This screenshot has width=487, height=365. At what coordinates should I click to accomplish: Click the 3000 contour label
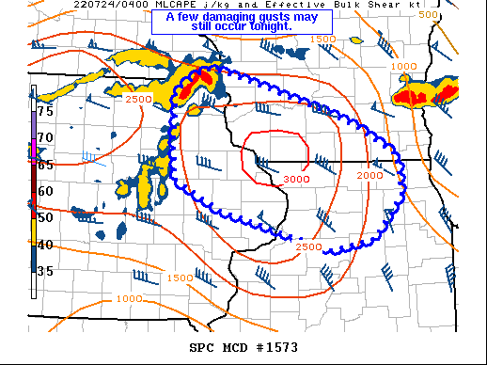click(x=296, y=179)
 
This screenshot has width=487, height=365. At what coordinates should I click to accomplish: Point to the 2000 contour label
click(x=370, y=176)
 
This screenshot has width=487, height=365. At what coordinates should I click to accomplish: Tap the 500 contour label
click(x=454, y=15)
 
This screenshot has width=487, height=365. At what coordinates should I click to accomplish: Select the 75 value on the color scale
click(x=45, y=110)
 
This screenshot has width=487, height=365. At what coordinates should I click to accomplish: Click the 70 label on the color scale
click(x=45, y=137)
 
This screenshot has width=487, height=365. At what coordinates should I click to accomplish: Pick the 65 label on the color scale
click(x=45, y=164)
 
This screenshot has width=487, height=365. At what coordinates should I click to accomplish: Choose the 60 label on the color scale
click(x=45, y=191)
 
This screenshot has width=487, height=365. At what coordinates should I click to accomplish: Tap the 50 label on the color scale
click(x=45, y=217)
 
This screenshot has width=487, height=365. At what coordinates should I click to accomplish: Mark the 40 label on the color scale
click(x=45, y=245)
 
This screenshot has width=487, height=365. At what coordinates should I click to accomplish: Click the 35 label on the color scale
click(x=45, y=271)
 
